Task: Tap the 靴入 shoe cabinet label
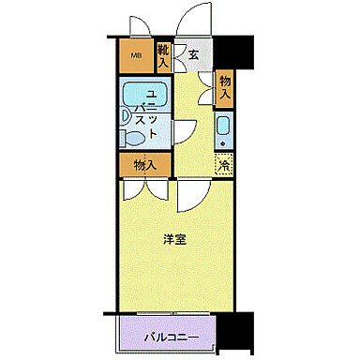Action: pos(163,56)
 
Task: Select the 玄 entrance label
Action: pos(193,55)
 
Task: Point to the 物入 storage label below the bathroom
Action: pos(144,166)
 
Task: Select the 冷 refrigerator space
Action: pos(225,166)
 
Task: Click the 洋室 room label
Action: pos(172,239)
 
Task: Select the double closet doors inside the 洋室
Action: pos(145,187)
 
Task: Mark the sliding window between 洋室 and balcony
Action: pos(173,313)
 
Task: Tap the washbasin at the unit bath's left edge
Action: pos(126,116)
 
